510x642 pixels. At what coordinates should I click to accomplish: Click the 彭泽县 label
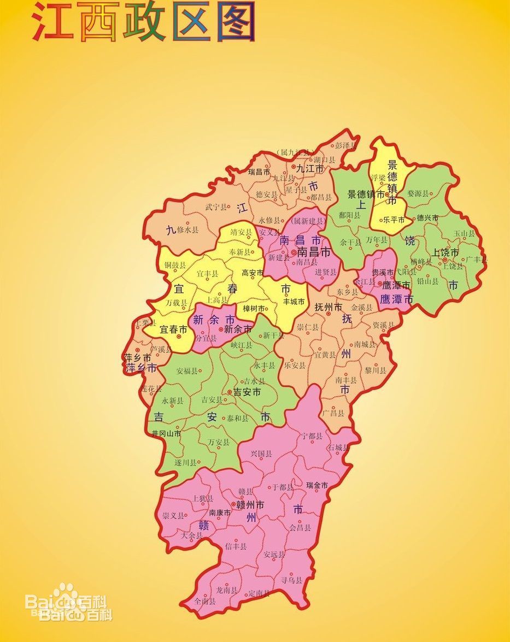[x=345, y=146]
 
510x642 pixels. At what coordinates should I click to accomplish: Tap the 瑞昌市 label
[x=259, y=172]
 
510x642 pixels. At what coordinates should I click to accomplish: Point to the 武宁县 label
[x=216, y=207]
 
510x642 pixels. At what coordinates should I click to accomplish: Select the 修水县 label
[x=188, y=230]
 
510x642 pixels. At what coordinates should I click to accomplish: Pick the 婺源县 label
[x=418, y=193]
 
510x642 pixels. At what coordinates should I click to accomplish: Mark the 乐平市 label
[x=394, y=220]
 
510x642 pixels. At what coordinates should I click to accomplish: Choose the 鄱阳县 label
[x=350, y=215]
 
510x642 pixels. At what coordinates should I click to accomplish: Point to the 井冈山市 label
[x=167, y=433]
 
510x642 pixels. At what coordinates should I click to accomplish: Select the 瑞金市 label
[x=317, y=485]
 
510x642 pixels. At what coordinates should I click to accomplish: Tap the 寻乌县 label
[x=291, y=580]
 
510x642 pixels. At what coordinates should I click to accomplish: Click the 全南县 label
[x=205, y=601]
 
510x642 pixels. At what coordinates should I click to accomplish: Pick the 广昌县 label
[x=333, y=413]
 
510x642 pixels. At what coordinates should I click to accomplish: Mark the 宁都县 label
[x=312, y=436]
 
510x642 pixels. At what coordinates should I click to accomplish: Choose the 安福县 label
[x=187, y=370]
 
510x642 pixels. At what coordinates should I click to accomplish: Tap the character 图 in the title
[x=236, y=22]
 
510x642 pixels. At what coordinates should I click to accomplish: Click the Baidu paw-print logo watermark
[x=66, y=595]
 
